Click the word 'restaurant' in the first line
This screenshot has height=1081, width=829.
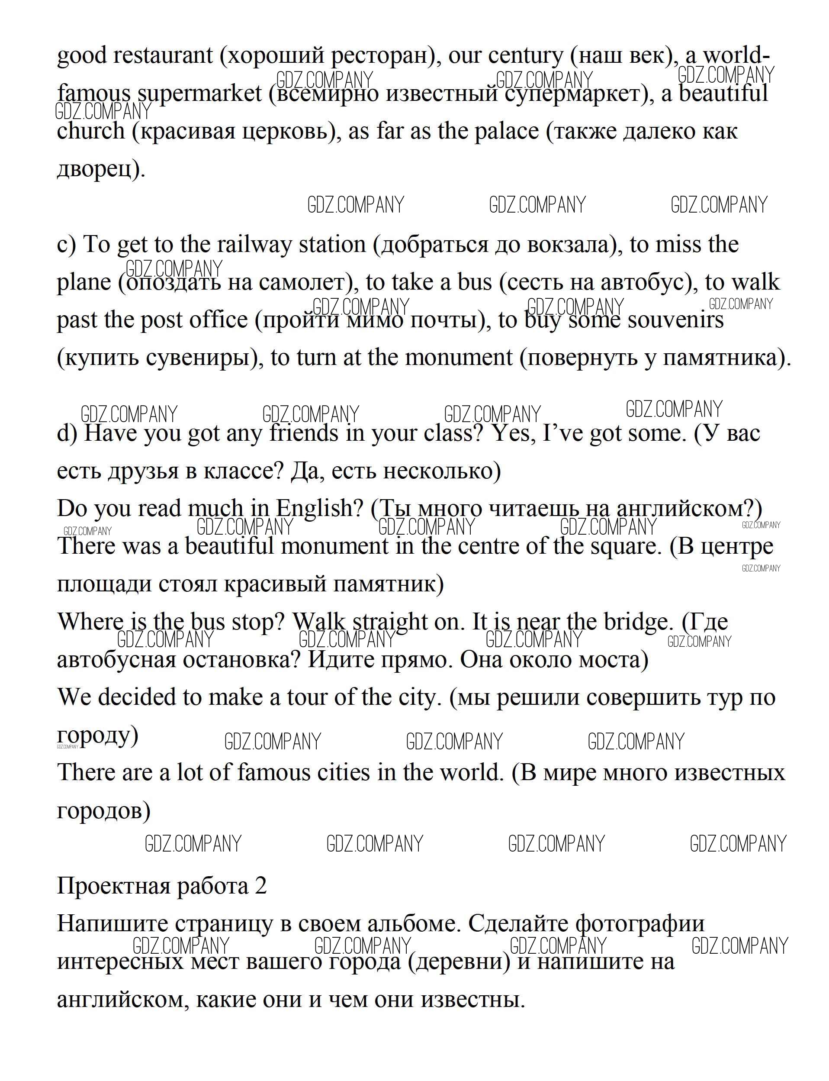point(163,55)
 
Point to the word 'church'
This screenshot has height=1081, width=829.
point(91,131)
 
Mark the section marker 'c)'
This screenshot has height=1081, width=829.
point(67,245)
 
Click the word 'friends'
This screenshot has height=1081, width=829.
point(305,433)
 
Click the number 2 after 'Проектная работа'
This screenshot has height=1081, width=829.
point(261,886)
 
